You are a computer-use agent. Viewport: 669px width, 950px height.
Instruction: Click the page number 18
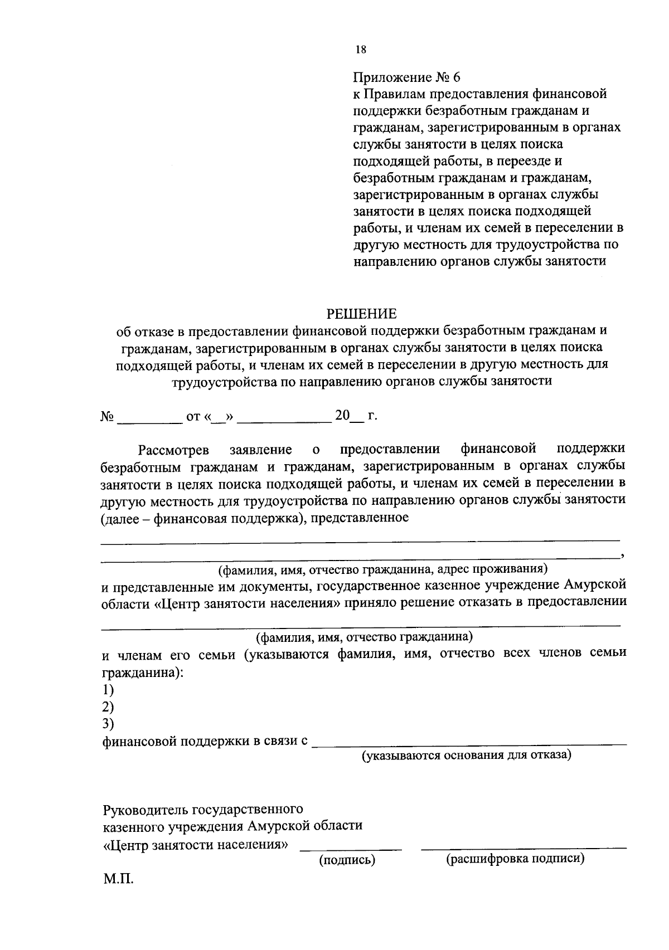click(360, 50)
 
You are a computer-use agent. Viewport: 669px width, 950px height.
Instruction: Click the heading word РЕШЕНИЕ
click(362, 313)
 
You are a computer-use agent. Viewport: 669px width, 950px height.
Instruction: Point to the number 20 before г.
click(341, 416)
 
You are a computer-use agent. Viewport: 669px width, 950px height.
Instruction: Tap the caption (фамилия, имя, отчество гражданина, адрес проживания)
click(383, 569)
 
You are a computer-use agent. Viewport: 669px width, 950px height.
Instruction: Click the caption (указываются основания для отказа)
click(466, 756)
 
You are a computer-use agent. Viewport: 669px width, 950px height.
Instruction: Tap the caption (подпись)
click(347, 860)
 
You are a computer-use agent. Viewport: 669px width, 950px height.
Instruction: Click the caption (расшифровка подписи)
click(515, 859)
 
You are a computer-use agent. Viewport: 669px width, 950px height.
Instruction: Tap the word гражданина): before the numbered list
click(143, 673)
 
